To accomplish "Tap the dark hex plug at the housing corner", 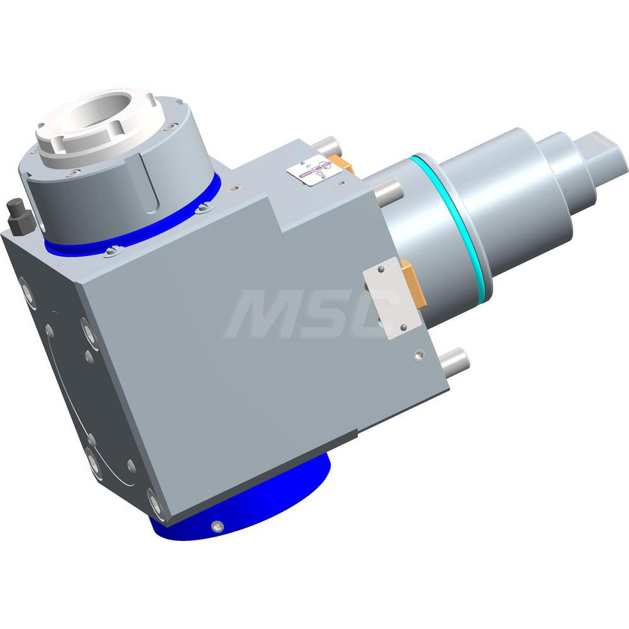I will tap(21, 218).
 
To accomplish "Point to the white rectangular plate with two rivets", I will tap(391, 298).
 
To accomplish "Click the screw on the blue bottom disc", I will tap(218, 526).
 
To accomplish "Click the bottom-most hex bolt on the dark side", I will tap(155, 504).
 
